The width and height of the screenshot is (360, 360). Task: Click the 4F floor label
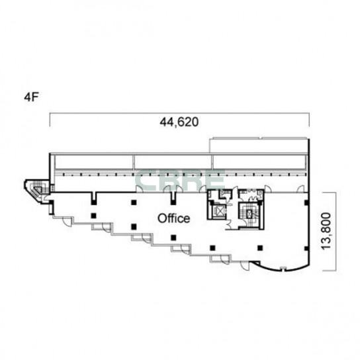click(x=31, y=97)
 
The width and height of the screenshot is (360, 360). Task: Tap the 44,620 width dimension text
click(x=179, y=122)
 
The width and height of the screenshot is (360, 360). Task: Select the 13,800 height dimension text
click(x=326, y=231)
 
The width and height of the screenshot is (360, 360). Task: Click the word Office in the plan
click(x=174, y=218)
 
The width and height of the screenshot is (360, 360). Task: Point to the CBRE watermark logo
click(x=180, y=181)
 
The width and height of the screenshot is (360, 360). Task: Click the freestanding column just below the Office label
click(x=173, y=238)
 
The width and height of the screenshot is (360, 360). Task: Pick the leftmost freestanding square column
click(x=93, y=216)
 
